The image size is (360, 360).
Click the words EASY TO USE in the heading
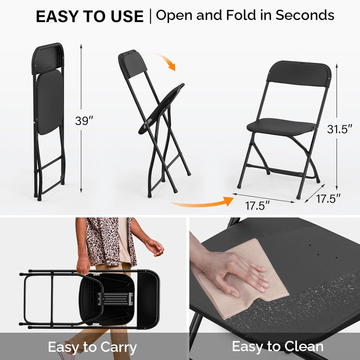click(90, 17)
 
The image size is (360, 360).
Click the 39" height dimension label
click(84, 121)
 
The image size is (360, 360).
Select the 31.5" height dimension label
click(340, 129)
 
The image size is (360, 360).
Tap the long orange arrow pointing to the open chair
click(202, 202)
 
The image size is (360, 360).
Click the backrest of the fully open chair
click(299, 74)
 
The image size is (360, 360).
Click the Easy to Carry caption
click(92, 347)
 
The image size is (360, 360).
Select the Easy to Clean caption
click(277, 347)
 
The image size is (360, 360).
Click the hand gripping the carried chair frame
click(84, 266)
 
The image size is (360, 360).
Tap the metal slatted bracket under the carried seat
click(116, 299)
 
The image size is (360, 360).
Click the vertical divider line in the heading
click(150, 16)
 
